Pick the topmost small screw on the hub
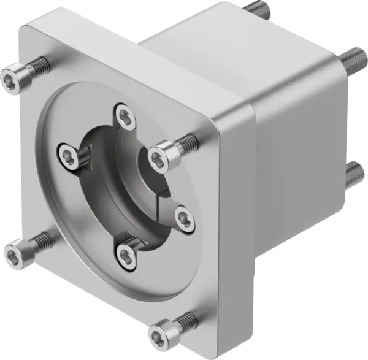[x=125, y=114]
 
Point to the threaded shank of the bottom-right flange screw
[x=190, y=319]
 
